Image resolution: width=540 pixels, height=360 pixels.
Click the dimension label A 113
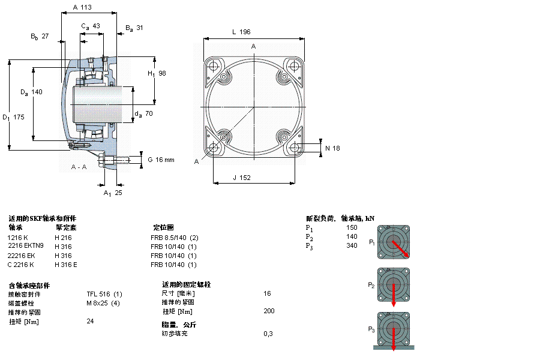(x=82, y=8)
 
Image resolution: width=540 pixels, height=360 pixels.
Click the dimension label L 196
(x=241, y=32)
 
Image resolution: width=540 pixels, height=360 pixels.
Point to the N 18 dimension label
(x=332, y=148)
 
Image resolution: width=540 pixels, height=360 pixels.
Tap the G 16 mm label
(x=161, y=160)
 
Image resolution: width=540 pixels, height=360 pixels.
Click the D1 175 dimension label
(x=13, y=117)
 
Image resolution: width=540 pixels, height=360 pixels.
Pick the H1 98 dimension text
(x=157, y=73)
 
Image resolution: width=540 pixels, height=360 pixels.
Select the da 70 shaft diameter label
(x=143, y=113)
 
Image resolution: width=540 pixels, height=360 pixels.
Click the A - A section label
(x=79, y=166)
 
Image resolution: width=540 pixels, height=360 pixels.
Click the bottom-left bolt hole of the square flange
(x=213, y=147)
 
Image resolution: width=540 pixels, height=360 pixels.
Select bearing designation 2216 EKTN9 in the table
(x=25, y=245)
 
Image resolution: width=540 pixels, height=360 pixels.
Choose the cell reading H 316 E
(x=66, y=265)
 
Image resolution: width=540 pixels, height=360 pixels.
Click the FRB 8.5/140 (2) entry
(x=174, y=237)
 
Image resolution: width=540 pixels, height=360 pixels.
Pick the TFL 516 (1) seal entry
(x=104, y=293)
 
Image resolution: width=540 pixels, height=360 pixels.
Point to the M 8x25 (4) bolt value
(x=103, y=302)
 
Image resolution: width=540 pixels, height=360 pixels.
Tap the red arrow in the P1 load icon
(x=400, y=248)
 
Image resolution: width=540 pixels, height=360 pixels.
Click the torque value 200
(x=269, y=311)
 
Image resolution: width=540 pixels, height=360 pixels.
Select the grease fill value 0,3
(x=268, y=333)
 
